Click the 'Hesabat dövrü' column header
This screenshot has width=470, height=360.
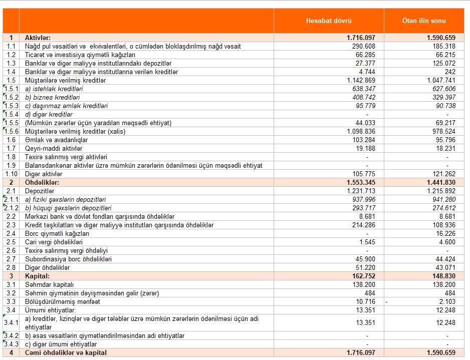[329, 21]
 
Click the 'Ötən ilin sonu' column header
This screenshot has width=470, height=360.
[424, 21]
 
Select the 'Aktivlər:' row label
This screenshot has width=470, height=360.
[38, 38]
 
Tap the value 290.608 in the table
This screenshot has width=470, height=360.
[361, 46]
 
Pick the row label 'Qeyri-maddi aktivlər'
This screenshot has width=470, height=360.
[54, 148]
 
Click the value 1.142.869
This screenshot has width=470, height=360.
[358, 80]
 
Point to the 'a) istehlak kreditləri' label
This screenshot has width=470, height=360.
[54, 89]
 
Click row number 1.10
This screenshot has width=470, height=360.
[11, 174]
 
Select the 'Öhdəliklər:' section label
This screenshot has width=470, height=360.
[42, 182]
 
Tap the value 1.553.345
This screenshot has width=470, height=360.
[357, 182]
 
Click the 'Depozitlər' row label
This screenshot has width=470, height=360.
[40, 191]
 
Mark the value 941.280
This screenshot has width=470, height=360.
[443, 199]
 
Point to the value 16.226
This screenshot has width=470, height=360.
[445, 233]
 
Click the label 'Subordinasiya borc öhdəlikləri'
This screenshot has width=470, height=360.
[68, 259]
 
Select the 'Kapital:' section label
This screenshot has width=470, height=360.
[37, 276]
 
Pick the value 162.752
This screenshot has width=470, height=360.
[361, 276]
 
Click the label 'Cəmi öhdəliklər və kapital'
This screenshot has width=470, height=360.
[66, 352]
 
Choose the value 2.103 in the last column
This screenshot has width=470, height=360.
[447, 301]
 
